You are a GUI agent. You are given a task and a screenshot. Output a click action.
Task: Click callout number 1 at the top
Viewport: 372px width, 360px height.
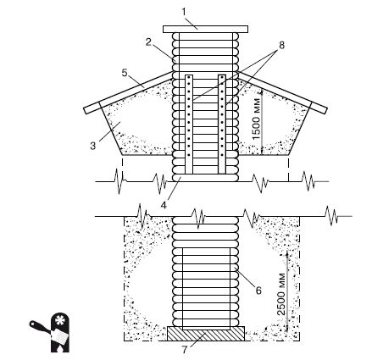(184, 12)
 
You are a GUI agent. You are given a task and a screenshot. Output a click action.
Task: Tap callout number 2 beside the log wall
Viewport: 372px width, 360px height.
(149, 42)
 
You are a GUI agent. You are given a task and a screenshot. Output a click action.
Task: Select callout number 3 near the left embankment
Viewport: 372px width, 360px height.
(93, 146)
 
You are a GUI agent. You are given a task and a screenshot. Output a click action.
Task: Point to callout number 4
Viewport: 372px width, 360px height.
(164, 205)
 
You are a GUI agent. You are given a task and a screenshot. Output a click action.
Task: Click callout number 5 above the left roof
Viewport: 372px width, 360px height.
(125, 73)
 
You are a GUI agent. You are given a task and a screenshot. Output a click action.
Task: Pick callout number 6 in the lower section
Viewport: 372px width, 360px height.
(258, 291)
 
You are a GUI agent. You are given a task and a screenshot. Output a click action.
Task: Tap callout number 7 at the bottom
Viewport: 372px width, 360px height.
(185, 350)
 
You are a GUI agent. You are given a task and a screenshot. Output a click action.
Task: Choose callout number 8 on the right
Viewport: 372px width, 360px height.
(281, 45)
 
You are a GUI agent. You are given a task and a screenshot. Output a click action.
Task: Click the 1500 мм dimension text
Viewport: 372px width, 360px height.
(256, 119)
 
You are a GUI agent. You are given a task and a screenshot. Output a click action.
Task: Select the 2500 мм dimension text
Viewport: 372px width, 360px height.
(281, 294)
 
